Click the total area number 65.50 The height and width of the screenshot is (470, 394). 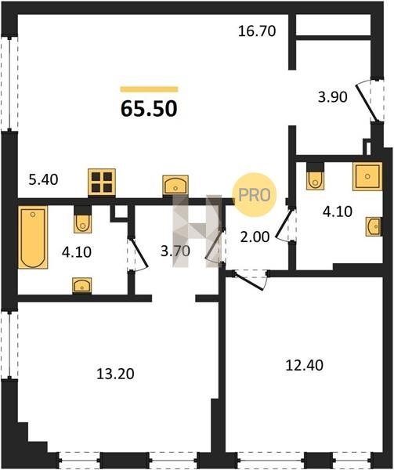149,108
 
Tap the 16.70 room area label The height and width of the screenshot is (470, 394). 257,31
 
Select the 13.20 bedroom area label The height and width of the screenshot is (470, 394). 115,374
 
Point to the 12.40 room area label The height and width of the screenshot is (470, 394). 305,365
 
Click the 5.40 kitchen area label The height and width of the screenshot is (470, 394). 43,179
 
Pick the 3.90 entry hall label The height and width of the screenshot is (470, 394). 333,97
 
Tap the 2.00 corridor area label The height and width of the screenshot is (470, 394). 255,237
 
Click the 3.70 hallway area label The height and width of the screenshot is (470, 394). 175,251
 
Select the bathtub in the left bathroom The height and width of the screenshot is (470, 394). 33,237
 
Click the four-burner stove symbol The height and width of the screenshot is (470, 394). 102,183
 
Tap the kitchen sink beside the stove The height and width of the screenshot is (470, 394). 175,184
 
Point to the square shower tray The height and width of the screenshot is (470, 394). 367,176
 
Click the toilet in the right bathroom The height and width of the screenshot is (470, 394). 315,176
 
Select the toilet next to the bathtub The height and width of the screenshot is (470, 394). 82,220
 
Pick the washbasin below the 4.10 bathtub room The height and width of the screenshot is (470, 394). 81,285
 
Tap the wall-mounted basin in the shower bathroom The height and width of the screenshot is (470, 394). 374,226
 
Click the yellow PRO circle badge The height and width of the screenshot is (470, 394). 255,195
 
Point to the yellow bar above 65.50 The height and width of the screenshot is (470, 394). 149,89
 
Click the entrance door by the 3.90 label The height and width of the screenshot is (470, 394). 367,101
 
